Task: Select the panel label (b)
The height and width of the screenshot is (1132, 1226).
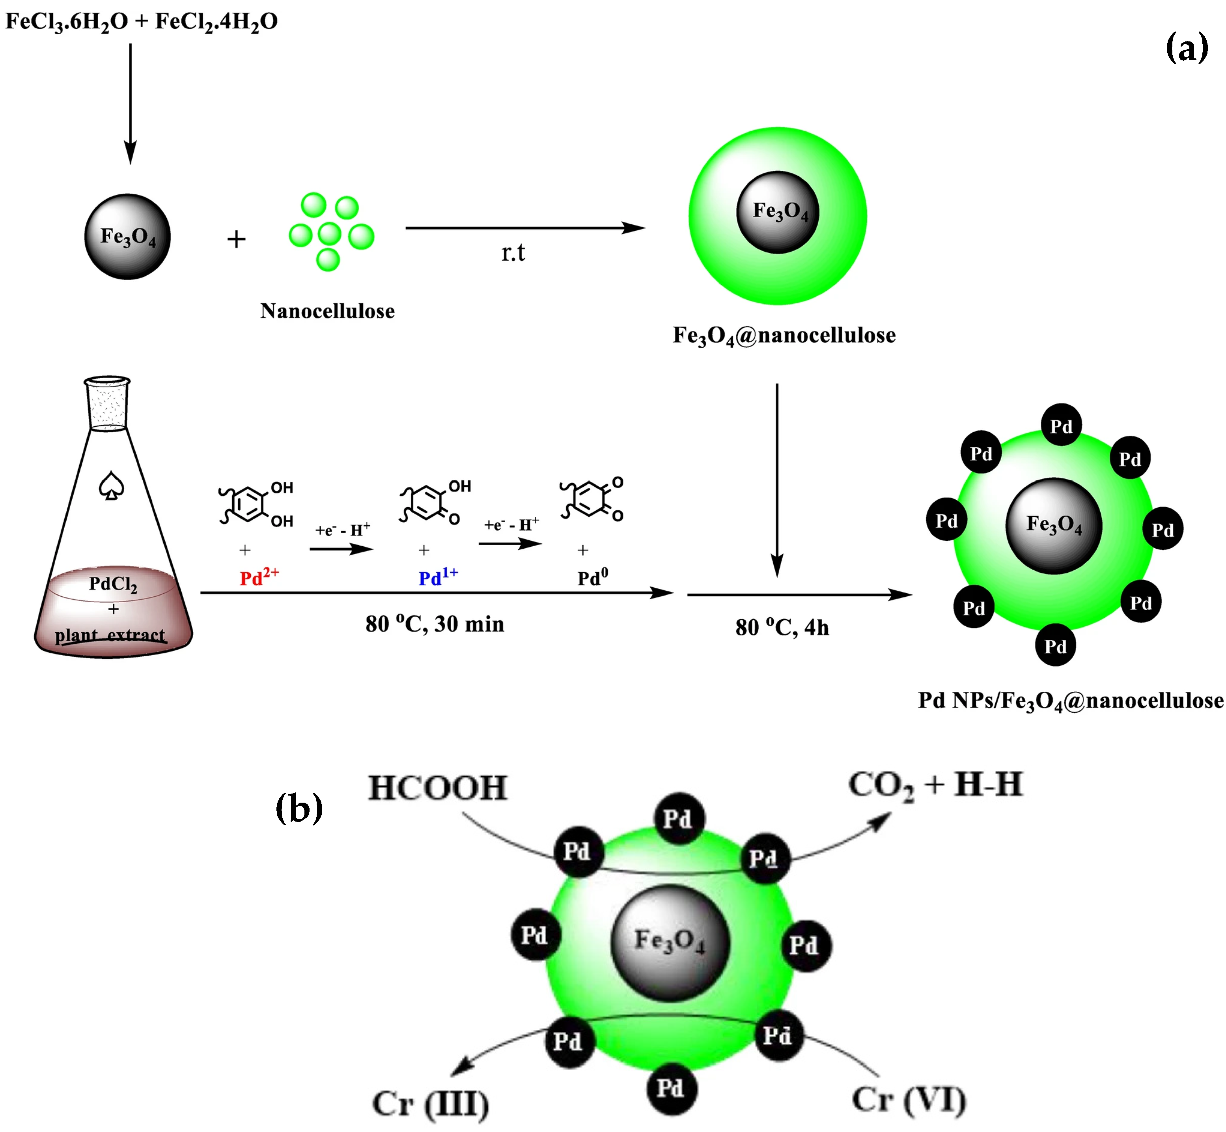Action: click(299, 807)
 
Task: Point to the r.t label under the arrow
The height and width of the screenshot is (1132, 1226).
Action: click(513, 252)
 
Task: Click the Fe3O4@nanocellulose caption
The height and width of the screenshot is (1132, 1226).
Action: click(784, 336)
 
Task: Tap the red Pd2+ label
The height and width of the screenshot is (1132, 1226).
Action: click(258, 577)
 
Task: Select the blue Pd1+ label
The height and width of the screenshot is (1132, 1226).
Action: click(438, 577)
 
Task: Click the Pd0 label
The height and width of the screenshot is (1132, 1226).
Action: click(592, 577)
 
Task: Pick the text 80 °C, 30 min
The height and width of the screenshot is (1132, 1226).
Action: click(435, 624)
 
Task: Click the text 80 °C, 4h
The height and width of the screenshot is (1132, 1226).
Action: click(782, 627)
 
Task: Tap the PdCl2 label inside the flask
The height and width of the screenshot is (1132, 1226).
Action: click(113, 584)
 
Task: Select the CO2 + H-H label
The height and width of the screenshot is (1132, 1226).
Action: click(935, 785)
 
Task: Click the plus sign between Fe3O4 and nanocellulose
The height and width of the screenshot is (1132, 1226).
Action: click(236, 239)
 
